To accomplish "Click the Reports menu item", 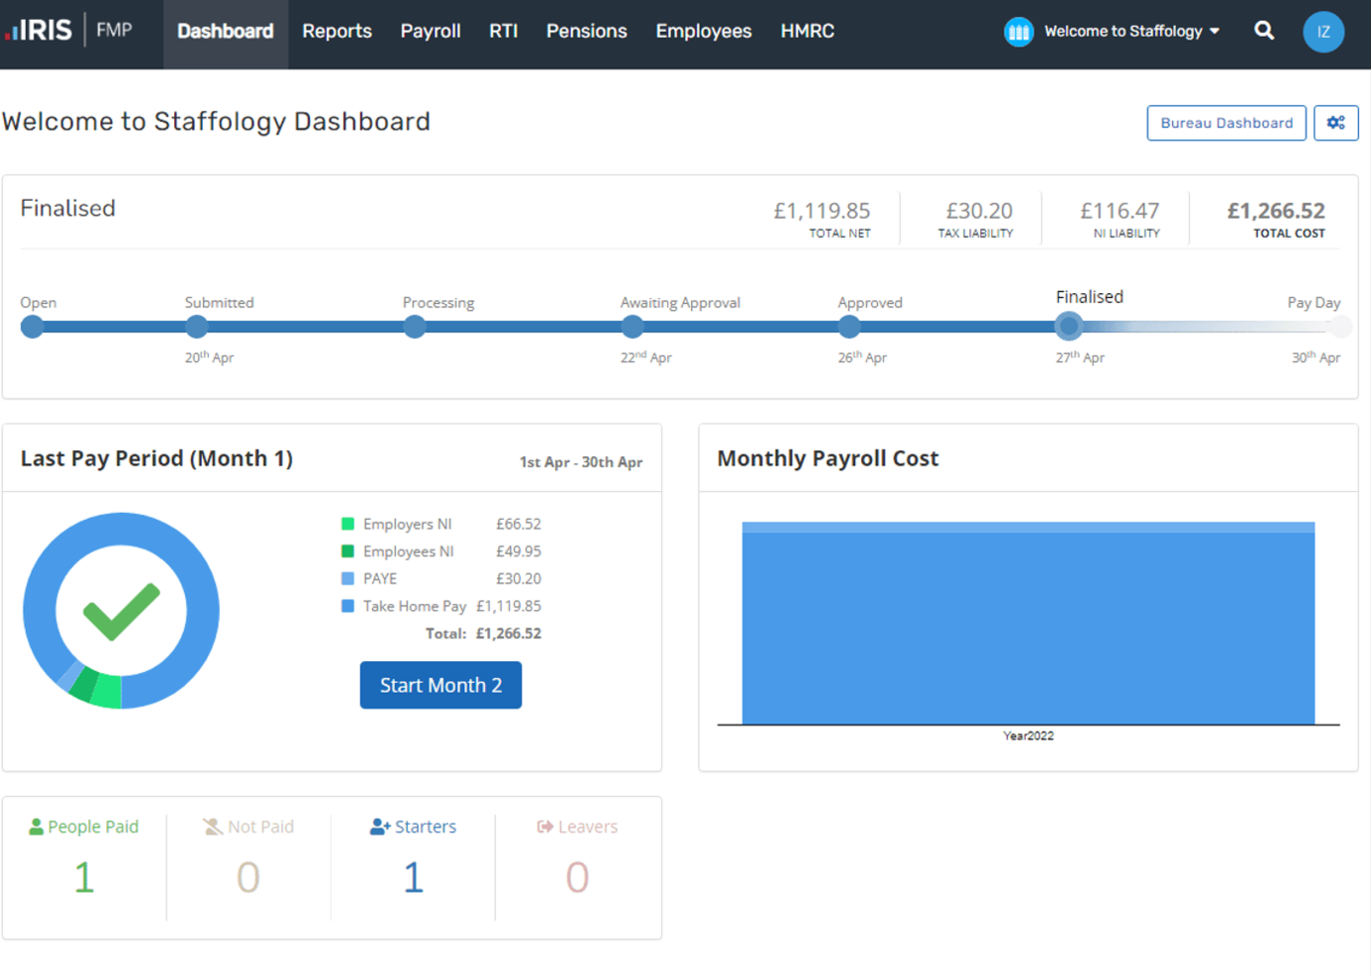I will (337, 32).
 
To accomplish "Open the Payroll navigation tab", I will (431, 32).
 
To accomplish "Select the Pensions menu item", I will (586, 32).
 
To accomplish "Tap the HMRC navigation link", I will (807, 32).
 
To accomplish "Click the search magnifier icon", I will (1264, 31).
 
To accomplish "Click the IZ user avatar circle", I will (1322, 32).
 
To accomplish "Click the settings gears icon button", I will (1335, 123).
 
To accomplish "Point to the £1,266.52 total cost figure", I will (1275, 211).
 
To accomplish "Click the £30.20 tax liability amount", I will (978, 211).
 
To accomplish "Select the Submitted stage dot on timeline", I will (197, 326).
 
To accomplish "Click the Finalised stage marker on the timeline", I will (1067, 326).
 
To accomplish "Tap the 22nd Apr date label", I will (645, 357).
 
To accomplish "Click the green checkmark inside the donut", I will (121, 611).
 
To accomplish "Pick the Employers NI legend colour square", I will (347, 524).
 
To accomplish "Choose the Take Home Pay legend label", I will (414, 606).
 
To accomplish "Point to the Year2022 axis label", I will (1028, 736).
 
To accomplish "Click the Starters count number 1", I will (413, 877).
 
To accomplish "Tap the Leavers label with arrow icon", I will (577, 827).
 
